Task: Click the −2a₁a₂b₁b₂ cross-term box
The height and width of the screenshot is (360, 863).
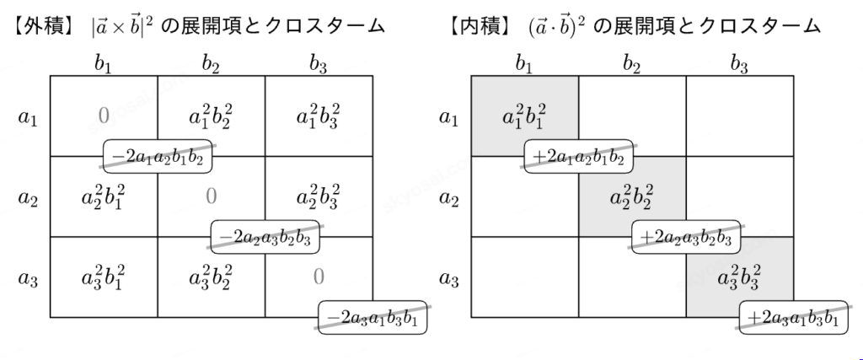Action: coord(158,156)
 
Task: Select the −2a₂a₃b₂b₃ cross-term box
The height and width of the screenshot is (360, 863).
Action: coord(265,237)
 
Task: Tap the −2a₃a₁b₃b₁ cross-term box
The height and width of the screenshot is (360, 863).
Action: coord(373,317)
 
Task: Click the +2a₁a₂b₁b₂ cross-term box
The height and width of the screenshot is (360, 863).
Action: coord(578,156)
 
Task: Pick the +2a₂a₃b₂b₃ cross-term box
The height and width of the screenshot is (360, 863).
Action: coord(686,237)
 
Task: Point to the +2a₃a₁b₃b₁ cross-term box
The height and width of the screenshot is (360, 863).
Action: coord(794,317)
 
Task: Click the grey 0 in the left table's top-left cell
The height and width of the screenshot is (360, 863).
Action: coord(104,116)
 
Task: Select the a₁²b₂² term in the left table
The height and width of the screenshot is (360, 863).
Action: coord(211,116)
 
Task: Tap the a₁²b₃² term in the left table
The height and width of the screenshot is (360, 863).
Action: coord(319,116)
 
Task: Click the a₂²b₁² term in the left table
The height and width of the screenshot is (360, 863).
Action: coord(104,197)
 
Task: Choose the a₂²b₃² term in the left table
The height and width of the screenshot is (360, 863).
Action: coord(319,197)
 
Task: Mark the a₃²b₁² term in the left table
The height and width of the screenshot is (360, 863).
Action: coord(104,277)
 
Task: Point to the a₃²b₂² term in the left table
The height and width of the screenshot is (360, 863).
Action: coord(211,277)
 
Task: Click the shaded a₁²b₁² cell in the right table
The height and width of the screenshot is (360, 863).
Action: coord(524,116)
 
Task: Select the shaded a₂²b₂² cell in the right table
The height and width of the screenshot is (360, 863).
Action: coord(632,196)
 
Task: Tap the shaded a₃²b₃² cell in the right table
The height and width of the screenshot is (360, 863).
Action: coord(740,277)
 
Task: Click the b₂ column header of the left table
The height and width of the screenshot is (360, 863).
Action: coord(211,64)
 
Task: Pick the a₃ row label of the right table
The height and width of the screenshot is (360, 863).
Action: coord(449,279)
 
